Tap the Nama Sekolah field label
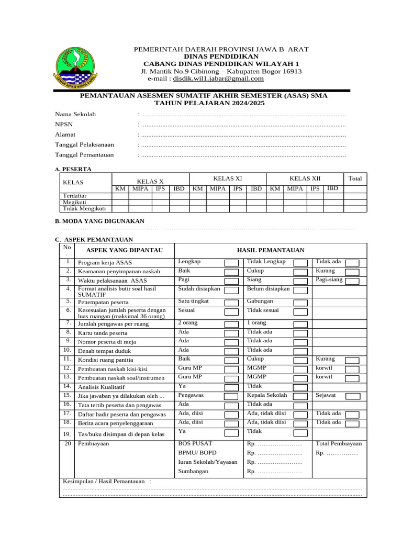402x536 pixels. tap(75, 114)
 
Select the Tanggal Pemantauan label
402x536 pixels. tap(84, 155)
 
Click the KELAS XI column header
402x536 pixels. tap(227, 178)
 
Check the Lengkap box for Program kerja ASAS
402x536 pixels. tap(231, 262)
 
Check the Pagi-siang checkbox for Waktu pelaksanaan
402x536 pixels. tap(352, 281)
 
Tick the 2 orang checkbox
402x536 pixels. tap(231, 323)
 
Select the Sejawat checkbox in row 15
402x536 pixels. tap(352, 396)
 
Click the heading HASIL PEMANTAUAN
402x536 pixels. tap(271, 250)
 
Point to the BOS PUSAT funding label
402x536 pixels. tap(195, 443)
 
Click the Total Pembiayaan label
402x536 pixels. tap(339, 443)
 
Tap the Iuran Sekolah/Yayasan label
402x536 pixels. tap(207, 462)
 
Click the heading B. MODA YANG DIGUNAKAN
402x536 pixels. tap(99, 221)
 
